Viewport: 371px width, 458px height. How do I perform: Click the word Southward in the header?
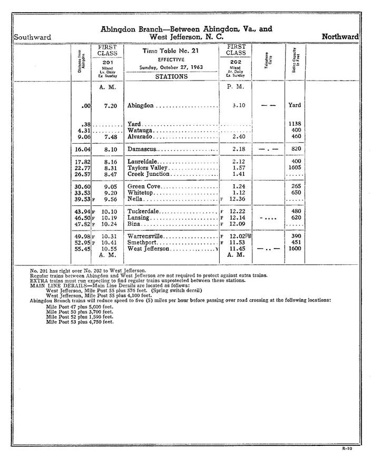[x=33, y=37]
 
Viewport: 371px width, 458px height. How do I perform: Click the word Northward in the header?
[x=340, y=37]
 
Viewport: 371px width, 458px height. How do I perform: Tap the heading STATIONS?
[x=171, y=76]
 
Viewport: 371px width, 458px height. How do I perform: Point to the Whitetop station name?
[x=141, y=193]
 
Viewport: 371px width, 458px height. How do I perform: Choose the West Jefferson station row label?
[x=149, y=248]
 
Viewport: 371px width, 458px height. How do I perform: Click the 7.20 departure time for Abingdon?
[x=110, y=106]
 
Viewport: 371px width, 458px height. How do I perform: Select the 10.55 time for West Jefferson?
[x=109, y=248]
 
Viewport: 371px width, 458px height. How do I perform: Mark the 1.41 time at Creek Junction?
[x=239, y=174]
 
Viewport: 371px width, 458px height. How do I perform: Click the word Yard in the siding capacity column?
[x=295, y=105]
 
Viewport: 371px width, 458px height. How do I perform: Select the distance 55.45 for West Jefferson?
[x=83, y=248]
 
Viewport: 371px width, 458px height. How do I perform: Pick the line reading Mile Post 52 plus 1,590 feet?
[x=80, y=317]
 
